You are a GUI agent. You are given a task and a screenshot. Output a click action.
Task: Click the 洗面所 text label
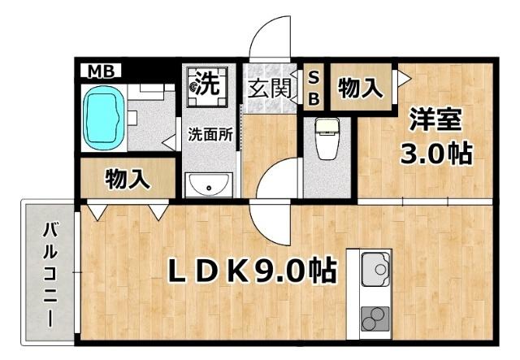[x=210, y=136]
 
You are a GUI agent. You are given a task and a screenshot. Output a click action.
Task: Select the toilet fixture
[x=328, y=139]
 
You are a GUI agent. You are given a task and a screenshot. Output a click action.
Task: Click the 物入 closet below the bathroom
[x=128, y=180]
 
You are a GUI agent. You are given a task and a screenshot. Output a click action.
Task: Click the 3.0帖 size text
[x=435, y=153]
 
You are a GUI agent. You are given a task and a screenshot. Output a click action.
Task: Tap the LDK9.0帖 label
[x=252, y=271]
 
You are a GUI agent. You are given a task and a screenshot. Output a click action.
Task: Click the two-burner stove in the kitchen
[x=375, y=317]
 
